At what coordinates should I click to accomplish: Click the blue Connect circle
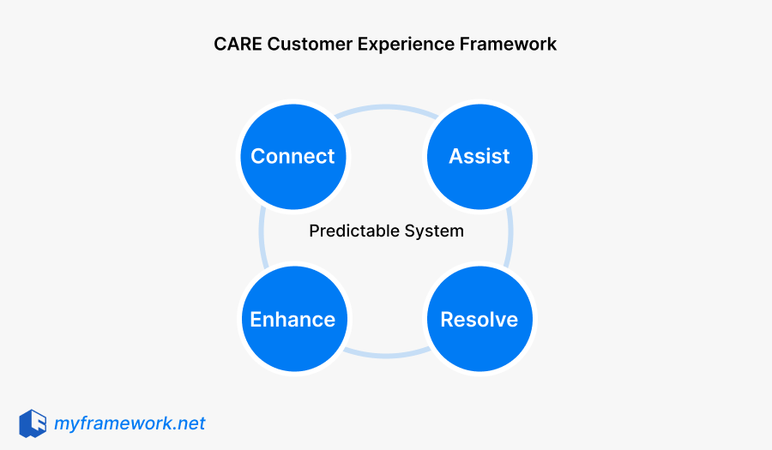coord(293,156)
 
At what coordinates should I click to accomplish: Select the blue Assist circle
coord(479,156)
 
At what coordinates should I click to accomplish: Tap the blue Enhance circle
coord(293,319)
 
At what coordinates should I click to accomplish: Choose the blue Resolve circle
coord(479,319)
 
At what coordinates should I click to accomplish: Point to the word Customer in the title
coord(303,44)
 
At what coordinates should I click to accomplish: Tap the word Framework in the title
coord(507,44)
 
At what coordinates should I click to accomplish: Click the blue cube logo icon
coord(33,423)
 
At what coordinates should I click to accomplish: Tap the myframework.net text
coord(130,423)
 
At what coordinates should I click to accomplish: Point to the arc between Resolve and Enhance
coord(386,353)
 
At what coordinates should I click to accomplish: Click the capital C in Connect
coord(258,156)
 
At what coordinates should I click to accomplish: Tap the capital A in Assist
coord(456,156)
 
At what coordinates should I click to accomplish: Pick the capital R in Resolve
coord(448,319)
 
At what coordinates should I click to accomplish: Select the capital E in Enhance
coord(256,319)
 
